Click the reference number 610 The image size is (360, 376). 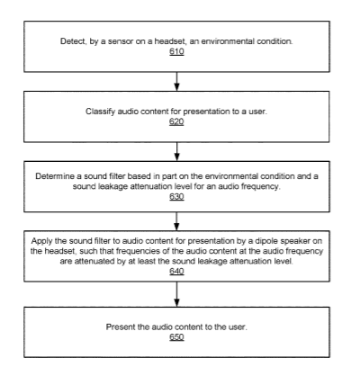[176, 51]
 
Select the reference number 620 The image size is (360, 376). [176, 121]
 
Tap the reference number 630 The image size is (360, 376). [176, 197]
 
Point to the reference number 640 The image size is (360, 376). [176, 272]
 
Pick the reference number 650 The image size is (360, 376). [176, 337]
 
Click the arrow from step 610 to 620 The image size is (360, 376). [176, 81]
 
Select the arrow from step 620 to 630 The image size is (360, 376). [176, 151]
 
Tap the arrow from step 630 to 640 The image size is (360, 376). [176, 221]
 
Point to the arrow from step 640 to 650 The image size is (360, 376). [176, 294]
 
